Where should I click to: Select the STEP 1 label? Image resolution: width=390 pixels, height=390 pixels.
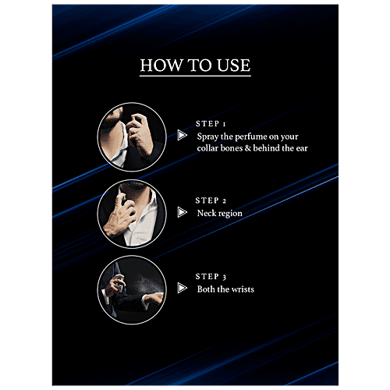pyautogui.click(x=211, y=124)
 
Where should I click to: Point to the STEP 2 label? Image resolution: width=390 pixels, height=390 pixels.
pyautogui.click(x=211, y=200)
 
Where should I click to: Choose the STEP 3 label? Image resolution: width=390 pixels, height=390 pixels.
pyautogui.click(x=211, y=276)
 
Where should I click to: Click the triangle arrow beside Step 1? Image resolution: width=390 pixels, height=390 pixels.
pyautogui.click(x=183, y=135)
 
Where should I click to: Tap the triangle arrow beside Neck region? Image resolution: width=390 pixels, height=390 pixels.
pyautogui.click(x=183, y=212)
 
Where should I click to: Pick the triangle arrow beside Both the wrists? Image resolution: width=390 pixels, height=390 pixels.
pyautogui.click(x=183, y=288)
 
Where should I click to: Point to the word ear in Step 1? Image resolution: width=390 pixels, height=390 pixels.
pyautogui.click(x=302, y=148)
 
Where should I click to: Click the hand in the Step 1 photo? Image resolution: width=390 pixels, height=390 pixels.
pyautogui.click(x=140, y=134)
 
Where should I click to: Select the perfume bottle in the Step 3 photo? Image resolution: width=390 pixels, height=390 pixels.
pyautogui.click(x=121, y=284)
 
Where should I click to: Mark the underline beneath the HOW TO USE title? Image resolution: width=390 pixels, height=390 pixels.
pyautogui.click(x=195, y=76)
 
